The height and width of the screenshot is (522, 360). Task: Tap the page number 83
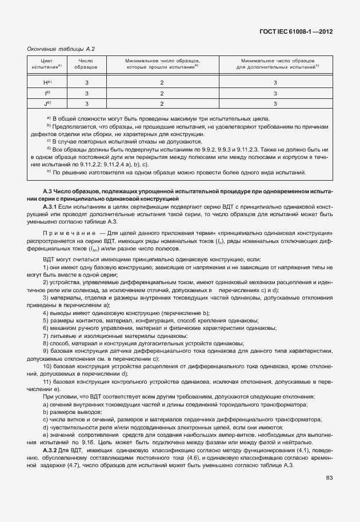click(x=329, y=477)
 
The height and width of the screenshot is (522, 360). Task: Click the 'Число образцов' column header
click(x=86, y=63)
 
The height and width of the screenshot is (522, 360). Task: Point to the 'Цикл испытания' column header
click(x=43, y=63)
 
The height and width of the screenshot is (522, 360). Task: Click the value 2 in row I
click(x=162, y=93)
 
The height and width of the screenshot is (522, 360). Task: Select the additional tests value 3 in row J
click(x=275, y=103)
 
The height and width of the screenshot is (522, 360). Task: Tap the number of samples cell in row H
click(x=86, y=82)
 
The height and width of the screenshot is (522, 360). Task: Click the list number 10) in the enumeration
click(x=48, y=365)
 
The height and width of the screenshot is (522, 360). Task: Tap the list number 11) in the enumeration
click(x=48, y=381)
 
